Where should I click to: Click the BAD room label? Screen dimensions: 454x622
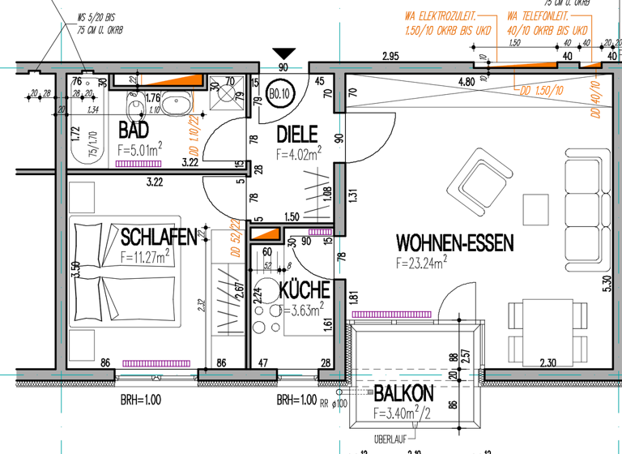134,130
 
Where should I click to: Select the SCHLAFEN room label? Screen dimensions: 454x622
159,237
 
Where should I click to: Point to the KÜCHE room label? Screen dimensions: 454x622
304,289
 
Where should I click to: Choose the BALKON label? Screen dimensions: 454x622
403,395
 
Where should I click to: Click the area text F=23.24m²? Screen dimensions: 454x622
423,263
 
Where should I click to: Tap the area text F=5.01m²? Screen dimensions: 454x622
141,148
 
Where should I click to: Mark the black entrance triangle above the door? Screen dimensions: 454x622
283,54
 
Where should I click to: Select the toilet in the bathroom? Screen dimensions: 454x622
135,105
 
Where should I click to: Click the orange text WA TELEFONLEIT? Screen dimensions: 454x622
538,16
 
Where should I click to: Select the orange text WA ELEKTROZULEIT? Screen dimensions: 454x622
440,16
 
